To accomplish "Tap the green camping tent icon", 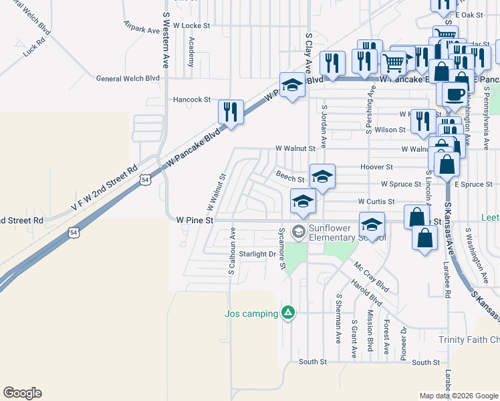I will (x=288, y=313).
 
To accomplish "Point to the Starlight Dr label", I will (x=257, y=254).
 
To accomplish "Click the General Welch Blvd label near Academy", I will (x=128, y=78).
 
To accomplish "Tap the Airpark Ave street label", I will (x=142, y=29).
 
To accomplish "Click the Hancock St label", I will (x=192, y=100).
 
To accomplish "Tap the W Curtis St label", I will (x=376, y=201).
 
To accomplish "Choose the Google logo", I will (x=22, y=393).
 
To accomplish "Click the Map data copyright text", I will (x=458, y=396).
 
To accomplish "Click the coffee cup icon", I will (x=455, y=94).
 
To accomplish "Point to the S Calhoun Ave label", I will (x=232, y=253).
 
